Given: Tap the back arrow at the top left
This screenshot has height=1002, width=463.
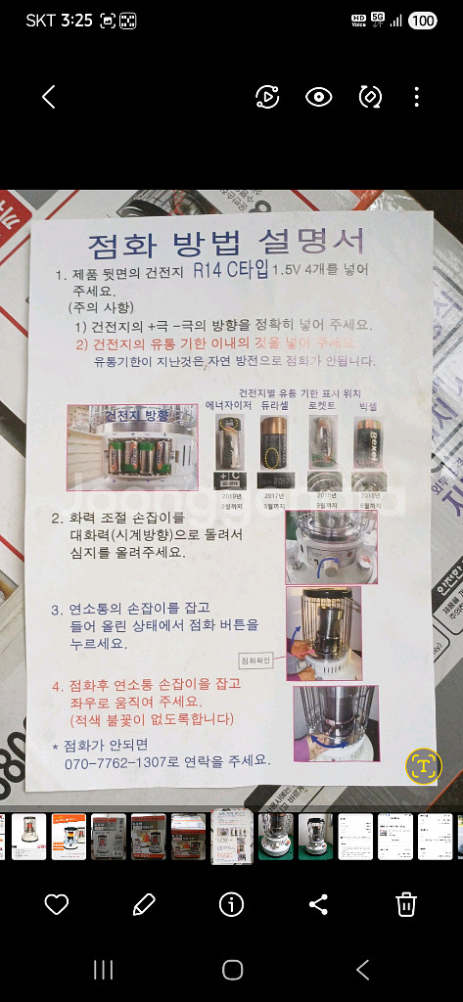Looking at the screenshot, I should click(49, 96).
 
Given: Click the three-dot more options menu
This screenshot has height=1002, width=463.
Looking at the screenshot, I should click(416, 96).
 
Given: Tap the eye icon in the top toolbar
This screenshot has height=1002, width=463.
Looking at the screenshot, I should click(318, 96).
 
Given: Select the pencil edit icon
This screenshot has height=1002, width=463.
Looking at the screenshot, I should click(144, 904).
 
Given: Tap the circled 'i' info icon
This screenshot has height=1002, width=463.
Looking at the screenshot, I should click(231, 904).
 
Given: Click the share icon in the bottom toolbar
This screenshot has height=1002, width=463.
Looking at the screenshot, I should click(318, 904).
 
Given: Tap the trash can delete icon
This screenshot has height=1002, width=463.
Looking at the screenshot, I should click(406, 904).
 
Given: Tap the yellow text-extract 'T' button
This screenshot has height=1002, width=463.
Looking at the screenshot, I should click(424, 765).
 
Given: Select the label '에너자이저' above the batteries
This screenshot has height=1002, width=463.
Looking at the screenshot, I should click(229, 404).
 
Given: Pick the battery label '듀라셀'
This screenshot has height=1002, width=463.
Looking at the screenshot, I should click(276, 404).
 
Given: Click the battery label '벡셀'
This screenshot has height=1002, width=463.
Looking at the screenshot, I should click(367, 404).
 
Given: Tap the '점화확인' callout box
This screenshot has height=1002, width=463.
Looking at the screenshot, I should click(265, 660).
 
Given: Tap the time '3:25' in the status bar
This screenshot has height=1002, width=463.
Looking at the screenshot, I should click(75, 21).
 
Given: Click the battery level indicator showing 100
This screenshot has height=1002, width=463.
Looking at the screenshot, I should click(422, 21).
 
